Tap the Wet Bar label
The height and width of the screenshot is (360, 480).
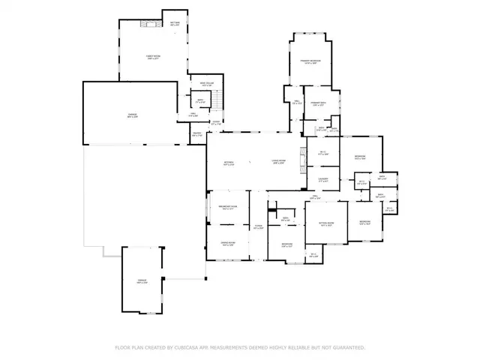(175, 24)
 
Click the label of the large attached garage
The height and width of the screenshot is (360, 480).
(132, 115)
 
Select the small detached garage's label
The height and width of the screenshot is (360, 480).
(142, 281)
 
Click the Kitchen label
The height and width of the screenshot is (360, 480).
(229, 163)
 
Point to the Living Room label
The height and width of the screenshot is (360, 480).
(279, 163)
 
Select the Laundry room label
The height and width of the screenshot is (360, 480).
(324, 180)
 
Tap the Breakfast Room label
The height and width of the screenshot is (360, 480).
(228, 208)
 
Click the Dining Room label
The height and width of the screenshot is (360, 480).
(227, 244)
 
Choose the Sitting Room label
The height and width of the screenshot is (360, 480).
(327, 223)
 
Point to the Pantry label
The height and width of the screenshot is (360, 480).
(196, 135)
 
